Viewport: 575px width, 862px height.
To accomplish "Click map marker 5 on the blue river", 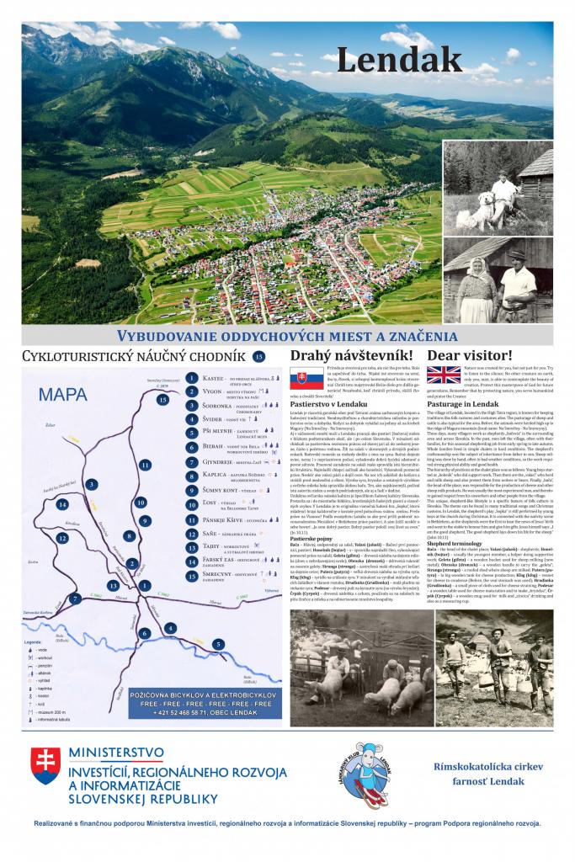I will (219, 644).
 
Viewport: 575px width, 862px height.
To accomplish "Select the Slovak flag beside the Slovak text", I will (307, 378).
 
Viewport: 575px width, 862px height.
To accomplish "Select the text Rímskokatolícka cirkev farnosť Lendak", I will (490, 774).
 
